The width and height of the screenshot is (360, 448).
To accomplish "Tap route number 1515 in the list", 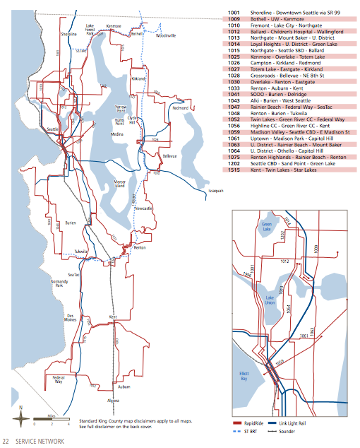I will (234, 170).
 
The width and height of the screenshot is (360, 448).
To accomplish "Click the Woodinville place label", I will (166, 35).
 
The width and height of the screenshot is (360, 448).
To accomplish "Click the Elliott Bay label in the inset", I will (242, 377).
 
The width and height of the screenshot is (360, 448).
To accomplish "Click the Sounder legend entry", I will (309, 430).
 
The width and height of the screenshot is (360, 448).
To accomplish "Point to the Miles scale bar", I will (54, 423).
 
